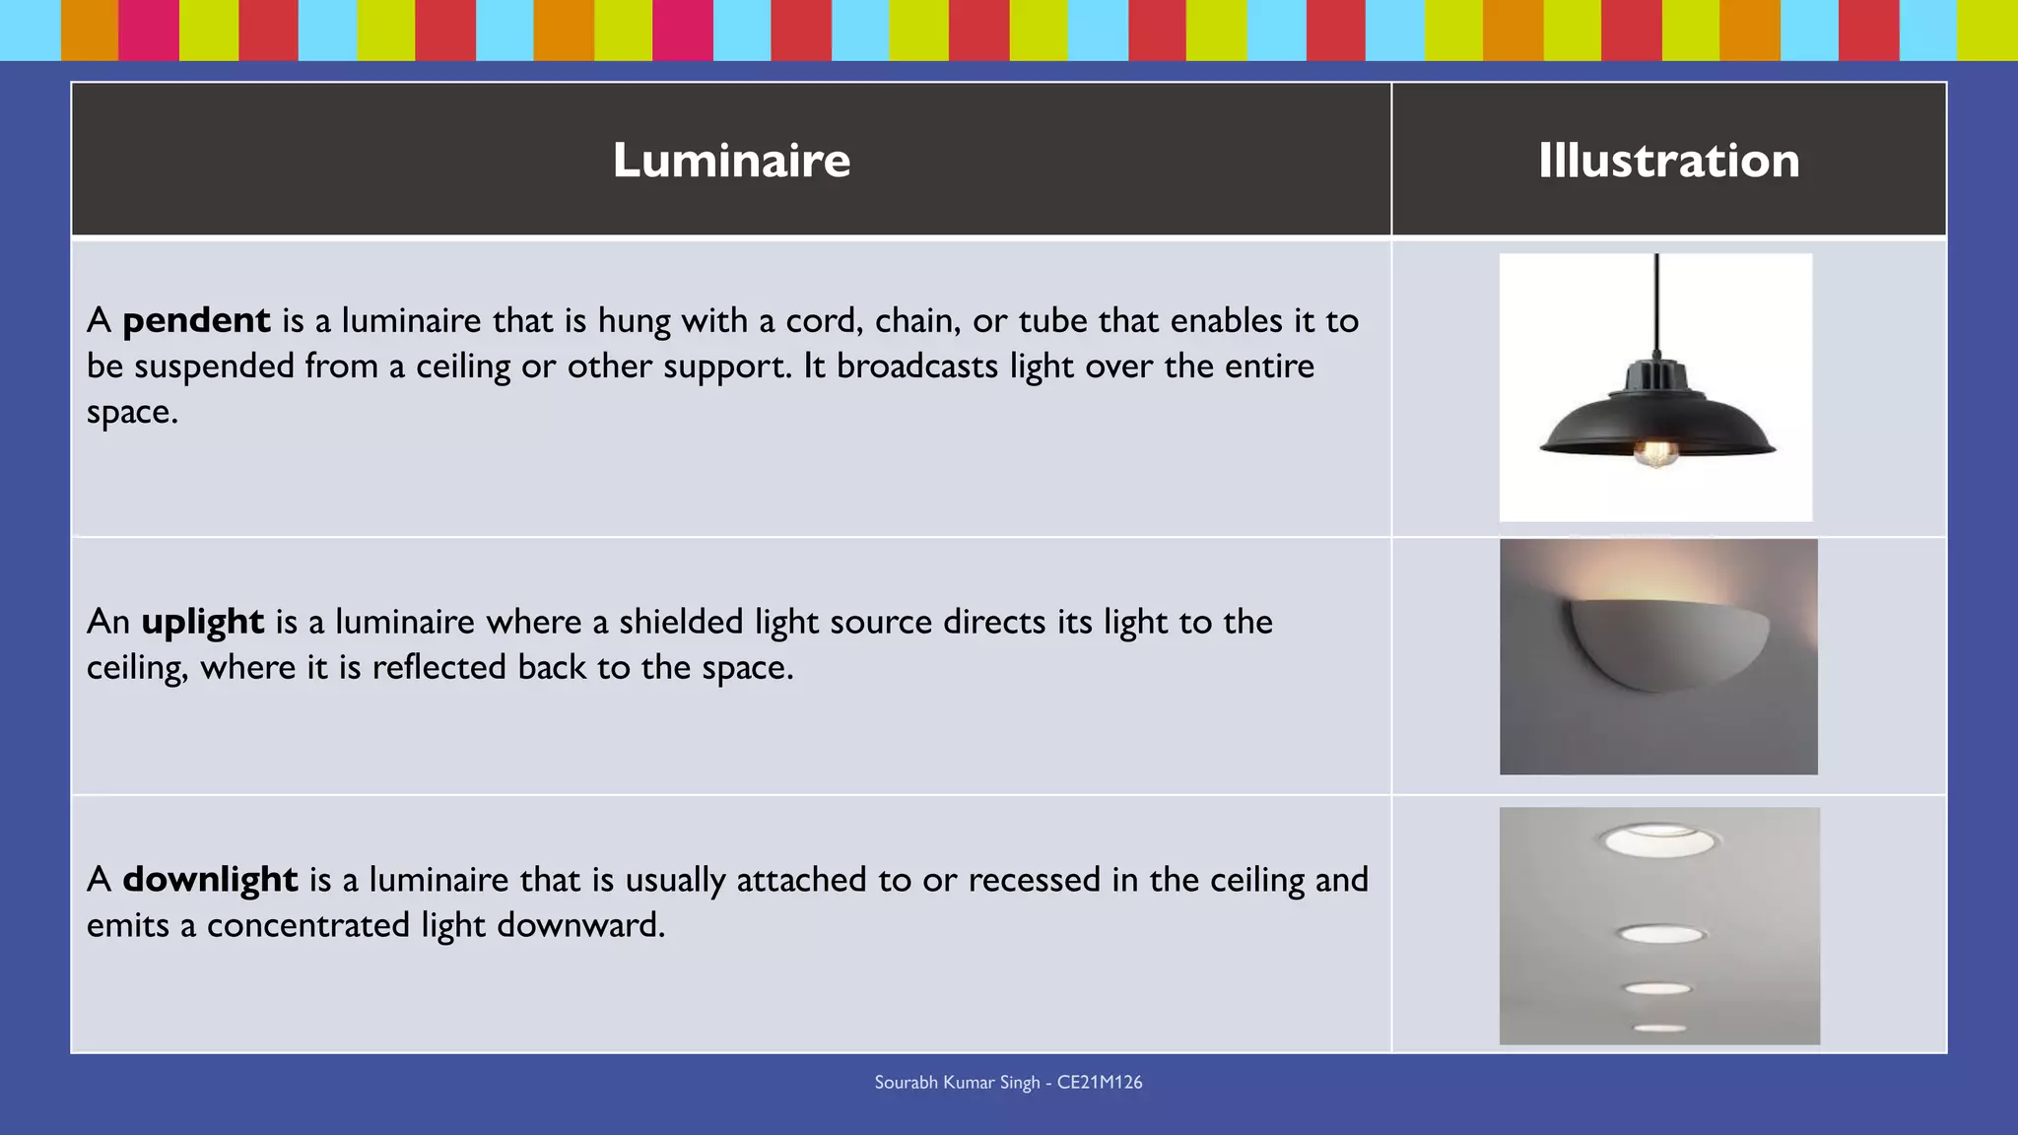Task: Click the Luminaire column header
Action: pyautogui.click(x=731, y=160)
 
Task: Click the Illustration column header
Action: pyautogui.click(x=1668, y=160)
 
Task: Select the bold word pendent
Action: pyautogui.click(x=196, y=320)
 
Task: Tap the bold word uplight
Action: pyautogui.click(x=202, y=622)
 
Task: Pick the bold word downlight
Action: pyautogui.click(x=210, y=879)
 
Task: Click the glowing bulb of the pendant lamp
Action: pyautogui.click(x=1654, y=453)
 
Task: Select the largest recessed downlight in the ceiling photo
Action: pyautogui.click(x=1659, y=840)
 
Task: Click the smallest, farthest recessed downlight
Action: pyautogui.click(x=1660, y=1029)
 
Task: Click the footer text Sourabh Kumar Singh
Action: pyautogui.click(x=957, y=1083)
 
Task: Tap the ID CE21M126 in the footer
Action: pyautogui.click(x=1100, y=1083)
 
